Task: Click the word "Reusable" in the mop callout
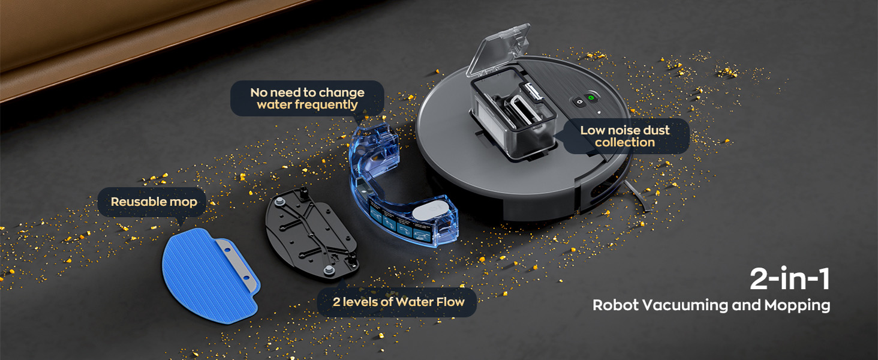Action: point(135,202)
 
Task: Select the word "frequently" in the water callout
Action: point(307,105)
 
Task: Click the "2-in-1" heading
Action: point(790,279)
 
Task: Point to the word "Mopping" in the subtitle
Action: point(797,305)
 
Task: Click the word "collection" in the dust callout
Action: point(624,143)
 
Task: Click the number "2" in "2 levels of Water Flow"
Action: point(336,302)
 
